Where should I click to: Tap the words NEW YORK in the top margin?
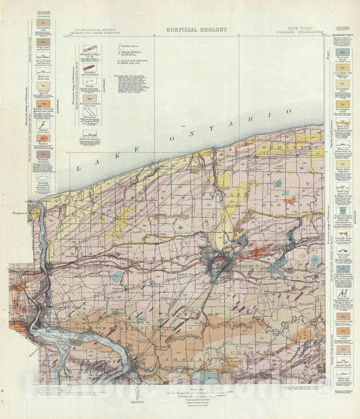pyautogui.click(x=301, y=31)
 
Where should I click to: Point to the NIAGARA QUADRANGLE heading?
pyautogui.click(x=301, y=36)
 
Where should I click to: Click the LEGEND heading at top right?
pyautogui.click(x=342, y=28)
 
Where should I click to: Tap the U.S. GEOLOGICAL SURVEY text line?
pyautogui.click(x=93, y=32)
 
